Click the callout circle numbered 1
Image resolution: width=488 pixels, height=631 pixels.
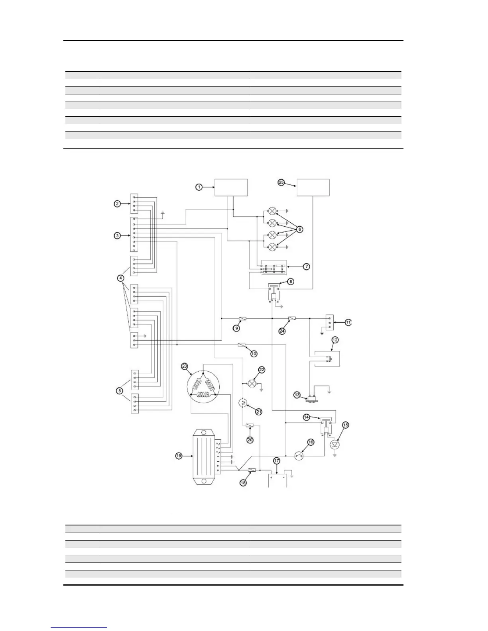[x=199, y=187]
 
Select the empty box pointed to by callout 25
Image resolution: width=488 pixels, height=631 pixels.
[x=313, y=187]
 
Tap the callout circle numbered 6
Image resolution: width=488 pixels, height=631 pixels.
[x=300, y=229]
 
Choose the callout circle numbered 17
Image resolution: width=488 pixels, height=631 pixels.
[x=277, y=461]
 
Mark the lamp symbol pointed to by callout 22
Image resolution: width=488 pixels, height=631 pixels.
[x=252, y=384]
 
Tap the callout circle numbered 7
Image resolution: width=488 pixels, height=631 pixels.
[x=306, y=267]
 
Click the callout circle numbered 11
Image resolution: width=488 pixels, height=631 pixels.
[x=348, y=322]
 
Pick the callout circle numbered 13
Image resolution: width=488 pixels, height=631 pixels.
[x=309, y=395]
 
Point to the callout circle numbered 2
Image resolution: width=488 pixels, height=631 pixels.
[x=117, y=204]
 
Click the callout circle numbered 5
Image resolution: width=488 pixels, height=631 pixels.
[x=119, y=390]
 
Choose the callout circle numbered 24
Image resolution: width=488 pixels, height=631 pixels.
[x=282, y=331]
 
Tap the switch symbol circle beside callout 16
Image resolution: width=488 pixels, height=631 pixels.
[x=299, y=455]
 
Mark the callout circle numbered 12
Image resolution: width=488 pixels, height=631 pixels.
[x=335, y=340]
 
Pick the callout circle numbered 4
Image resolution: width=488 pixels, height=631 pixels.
[x=121, y=278]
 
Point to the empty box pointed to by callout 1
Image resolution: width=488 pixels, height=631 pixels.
[x=231, y=187]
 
